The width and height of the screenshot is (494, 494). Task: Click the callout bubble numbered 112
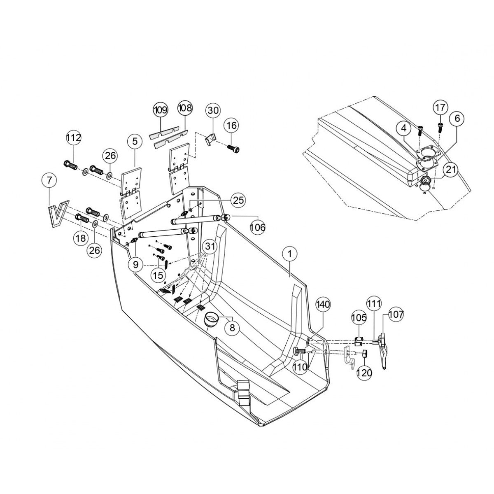pos(74,138)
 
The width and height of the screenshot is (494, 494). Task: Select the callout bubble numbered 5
pos(135,142)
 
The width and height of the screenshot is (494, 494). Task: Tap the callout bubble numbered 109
pos(161,110)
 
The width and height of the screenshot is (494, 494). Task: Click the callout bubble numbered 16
pos(232,125)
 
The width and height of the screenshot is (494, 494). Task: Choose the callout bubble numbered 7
pos(49,180)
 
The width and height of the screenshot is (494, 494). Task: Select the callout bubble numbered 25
pos(238,200)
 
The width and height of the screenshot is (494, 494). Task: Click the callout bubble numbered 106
pos(258,227)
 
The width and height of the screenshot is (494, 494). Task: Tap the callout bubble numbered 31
pos(210,247)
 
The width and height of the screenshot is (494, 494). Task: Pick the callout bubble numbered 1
pos(289,255)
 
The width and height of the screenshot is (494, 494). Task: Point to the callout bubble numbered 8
pos(232,328)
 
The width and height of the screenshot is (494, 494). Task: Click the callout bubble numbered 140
pos(323,305)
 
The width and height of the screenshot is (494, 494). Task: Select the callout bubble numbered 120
pos(364,373)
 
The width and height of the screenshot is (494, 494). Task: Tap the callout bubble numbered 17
pos(440,108)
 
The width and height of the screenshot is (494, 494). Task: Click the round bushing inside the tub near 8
pos(212,319)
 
